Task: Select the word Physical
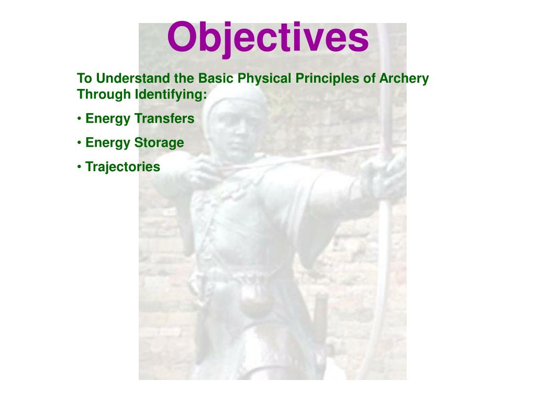pyautogui.click(x=262, y=79)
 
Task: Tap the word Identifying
pyautogui.click(x=171, y=95)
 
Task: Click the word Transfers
pyautogui.click(x=164, y=119)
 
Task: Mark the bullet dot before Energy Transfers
pyautogui.click(x=80, y=119)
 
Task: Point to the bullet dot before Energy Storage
pyautogui.click(x=80, y=142)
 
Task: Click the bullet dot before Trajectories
pyautogui.click(x=80, y=166)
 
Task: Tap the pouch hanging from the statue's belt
pyautogui.click(x=255, y=300)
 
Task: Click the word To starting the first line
pyautogui.click(x=84, y=79)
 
